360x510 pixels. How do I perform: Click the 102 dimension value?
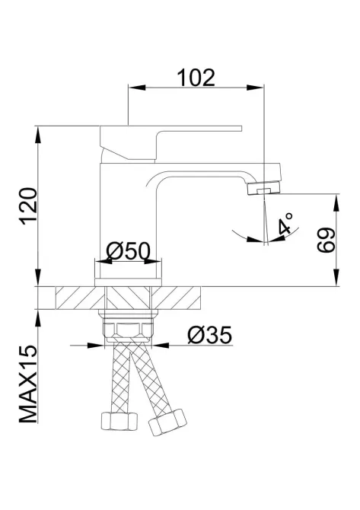(196, 76)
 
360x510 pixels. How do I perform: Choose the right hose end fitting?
(167, 421)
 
